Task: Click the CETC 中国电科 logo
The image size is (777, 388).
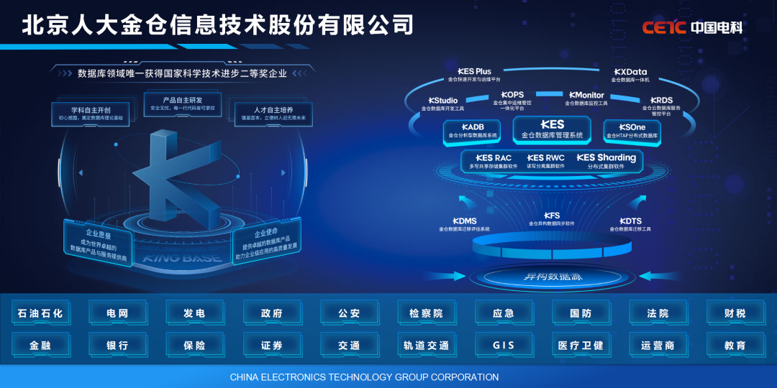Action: [x=691, y=28]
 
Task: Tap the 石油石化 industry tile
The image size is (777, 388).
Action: [x=40, y=313]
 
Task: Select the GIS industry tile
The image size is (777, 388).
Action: [x=504, y=345]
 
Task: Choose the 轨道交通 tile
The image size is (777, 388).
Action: [x=426, y=345]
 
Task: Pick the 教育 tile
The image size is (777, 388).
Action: [x=735, y=345]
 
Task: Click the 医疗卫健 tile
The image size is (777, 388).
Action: [x=581, y=345]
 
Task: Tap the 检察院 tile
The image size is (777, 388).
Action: [x=426, y=313]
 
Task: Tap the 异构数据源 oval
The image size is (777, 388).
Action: [x=552, y=277]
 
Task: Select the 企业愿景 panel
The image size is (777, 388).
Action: [x=99, y=244]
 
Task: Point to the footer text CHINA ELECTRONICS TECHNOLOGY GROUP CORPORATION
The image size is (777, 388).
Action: [x=364, y=377]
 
